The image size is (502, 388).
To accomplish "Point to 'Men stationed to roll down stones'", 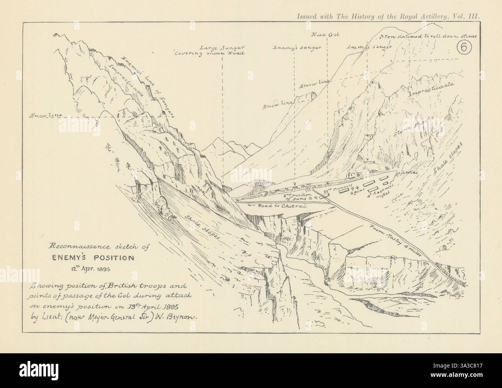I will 429,37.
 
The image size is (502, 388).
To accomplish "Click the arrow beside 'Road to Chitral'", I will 250,206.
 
